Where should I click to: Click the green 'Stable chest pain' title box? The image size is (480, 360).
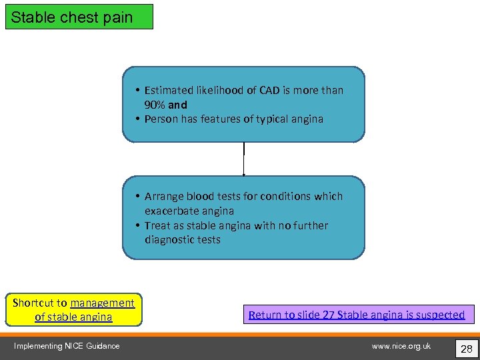pyautogui.click(x=79, y=17)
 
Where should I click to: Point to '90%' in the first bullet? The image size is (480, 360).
pyautogui.click(x=155, y=105)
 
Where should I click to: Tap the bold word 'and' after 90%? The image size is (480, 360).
pyautogui.click(x=178, y=105)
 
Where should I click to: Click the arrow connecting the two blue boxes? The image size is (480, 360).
pyautogui.click(x=244, y=159)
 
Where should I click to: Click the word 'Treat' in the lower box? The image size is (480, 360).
pyautogui.click(x=157, y=225)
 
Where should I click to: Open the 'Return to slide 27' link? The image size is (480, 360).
pyautogui.click(x=357, y=314)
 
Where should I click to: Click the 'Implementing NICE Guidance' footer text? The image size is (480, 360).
pyautogui.click(x=67, y=345)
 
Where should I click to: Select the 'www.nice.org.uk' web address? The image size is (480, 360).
pyautogui.click(x=401, y=345)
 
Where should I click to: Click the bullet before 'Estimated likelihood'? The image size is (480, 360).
pyautogui.click(x=135, y=90)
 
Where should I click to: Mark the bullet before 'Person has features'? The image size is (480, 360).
pyautogui.click(x=135, y=119)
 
